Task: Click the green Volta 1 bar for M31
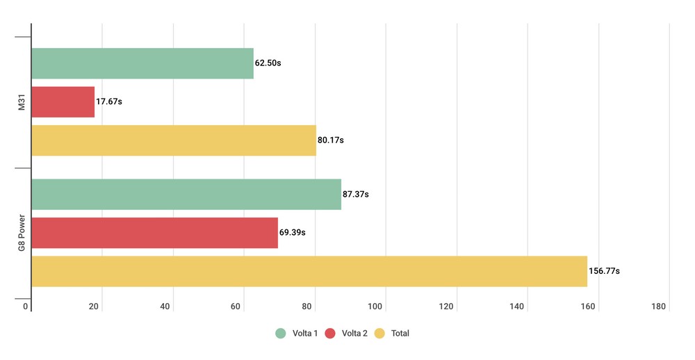tap(142, 63)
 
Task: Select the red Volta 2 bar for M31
tap(63, 101)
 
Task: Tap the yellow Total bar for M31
tap(174, 140)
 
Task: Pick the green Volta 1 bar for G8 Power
tap(186, 194)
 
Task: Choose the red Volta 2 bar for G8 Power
tap(155, 233)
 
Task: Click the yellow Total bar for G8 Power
tap(309, 271)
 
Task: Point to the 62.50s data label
tap(268, 63)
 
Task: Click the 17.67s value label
tap(109, 101)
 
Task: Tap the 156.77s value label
tap(604, 271)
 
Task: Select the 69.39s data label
tap(293, 233)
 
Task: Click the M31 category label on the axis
tap(22, 101)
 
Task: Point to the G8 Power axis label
tap(22, 233)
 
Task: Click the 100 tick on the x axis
tap(377, 306)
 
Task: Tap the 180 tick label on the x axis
tap(659, 306)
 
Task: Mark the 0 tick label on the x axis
tap(26, 306)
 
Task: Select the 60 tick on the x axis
tap(236, 306)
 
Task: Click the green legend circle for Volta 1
tap(281, 334)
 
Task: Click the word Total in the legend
tap(400, 334)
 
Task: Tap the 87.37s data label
tap(356, 194)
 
